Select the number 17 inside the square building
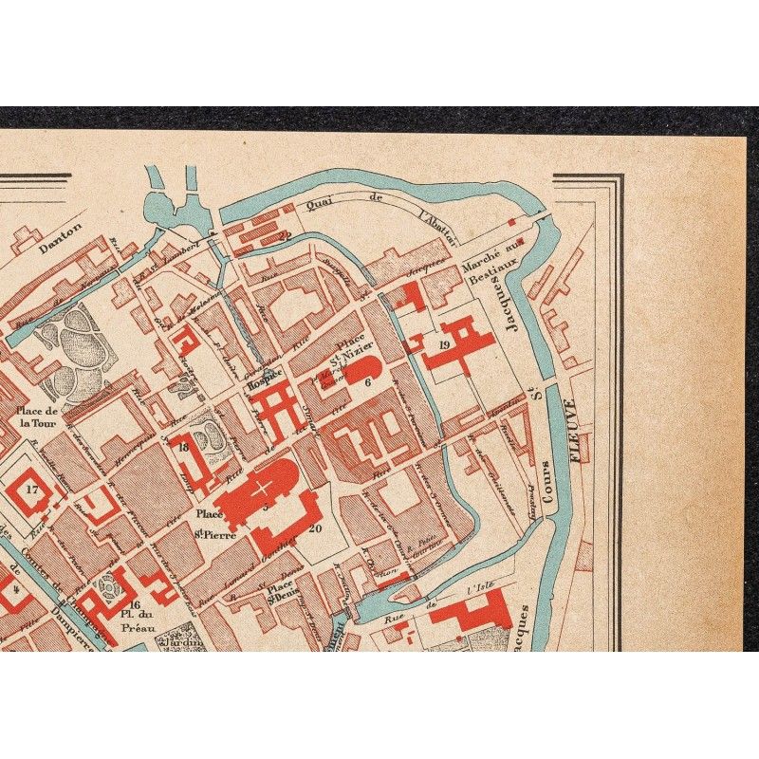point(31,490)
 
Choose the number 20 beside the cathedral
point(315,528)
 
